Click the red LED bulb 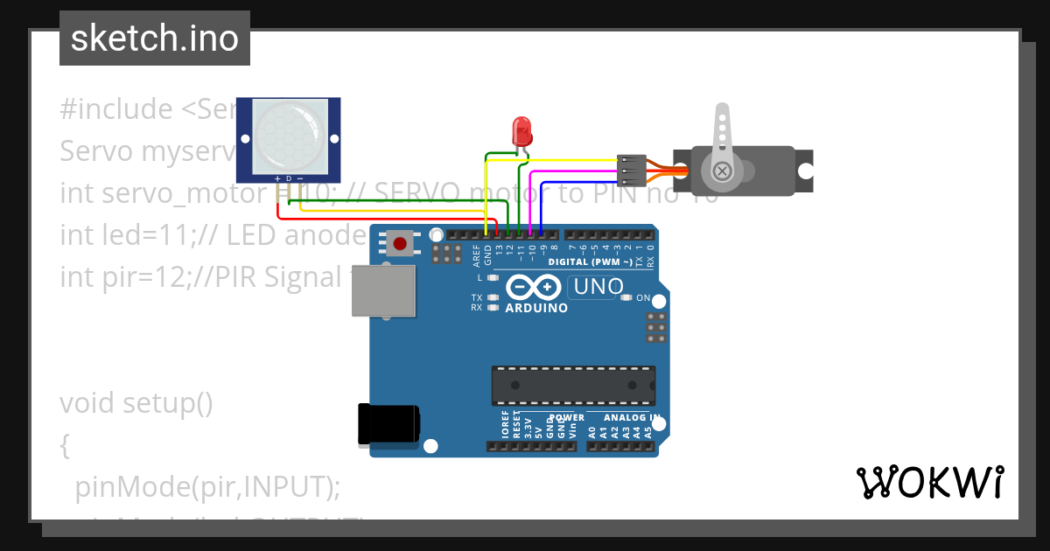click(x=522, y=132)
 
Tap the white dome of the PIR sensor click(x=289, y=136)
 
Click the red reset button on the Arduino click(x=400, y=243)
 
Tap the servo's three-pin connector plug click(x=631, y=171)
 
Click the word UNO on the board click(x=598, y=286)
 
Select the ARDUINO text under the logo click(x=536, y=308)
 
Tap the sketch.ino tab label click(x=155, y=38)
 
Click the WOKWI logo click(x=929, y=482)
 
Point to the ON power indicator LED click(x=626, y=298)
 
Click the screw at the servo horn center click(x=722, y=171)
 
